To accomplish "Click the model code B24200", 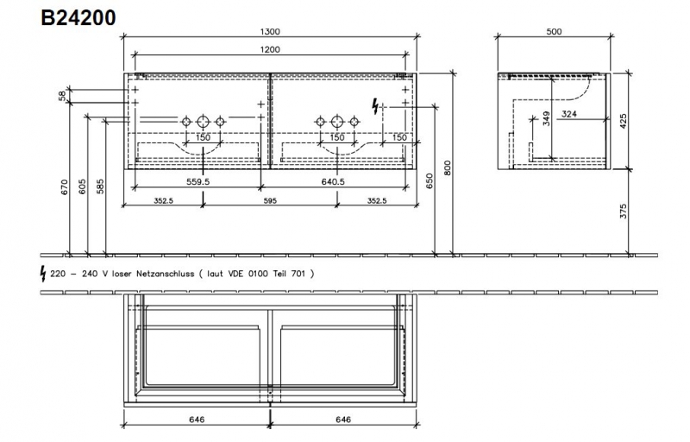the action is [78, 18].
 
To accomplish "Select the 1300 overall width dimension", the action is [270, 32].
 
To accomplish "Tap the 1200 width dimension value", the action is [270, 50].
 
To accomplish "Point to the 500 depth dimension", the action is [554, 32].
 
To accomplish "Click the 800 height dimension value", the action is [448, 168].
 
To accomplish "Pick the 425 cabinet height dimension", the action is [623, 122].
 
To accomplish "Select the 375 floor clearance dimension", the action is [623, 212].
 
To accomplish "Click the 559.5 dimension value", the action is [198, 181].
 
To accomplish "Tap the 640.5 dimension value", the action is [333, 181].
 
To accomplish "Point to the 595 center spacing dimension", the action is [270, 201].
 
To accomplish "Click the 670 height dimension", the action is [65, 187].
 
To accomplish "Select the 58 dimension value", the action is [62, 96].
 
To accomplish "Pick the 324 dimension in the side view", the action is [569, 114].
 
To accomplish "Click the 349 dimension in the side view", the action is [546, 119].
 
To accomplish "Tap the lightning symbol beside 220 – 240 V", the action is [43, 274].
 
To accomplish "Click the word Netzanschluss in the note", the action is [165, 274].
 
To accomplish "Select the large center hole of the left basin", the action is [203, 121].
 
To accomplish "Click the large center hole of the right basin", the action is [337, 121].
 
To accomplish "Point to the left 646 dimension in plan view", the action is [197, 420].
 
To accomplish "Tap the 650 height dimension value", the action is [430, 181].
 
